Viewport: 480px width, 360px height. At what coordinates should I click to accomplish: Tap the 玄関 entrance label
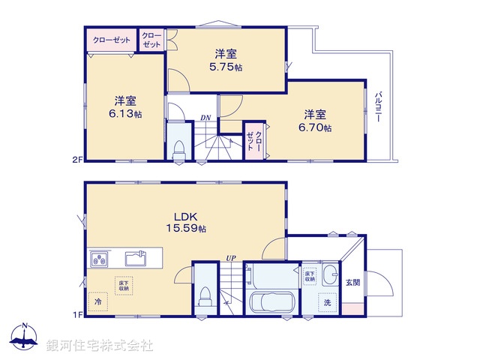(x=352, y=282)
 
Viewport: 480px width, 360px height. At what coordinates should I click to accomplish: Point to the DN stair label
(x=205, y=118)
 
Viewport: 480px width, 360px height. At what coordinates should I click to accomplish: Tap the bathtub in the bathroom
(x=270, y=304)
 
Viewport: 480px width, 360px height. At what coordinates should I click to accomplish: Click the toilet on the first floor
(x=203, y=298)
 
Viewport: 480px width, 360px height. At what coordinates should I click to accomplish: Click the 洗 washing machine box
(x=327, y=303)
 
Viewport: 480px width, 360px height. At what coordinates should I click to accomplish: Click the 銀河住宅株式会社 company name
(x=100, y=345)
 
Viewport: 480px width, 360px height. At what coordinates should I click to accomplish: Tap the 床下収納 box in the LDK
(x=123, y=285)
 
